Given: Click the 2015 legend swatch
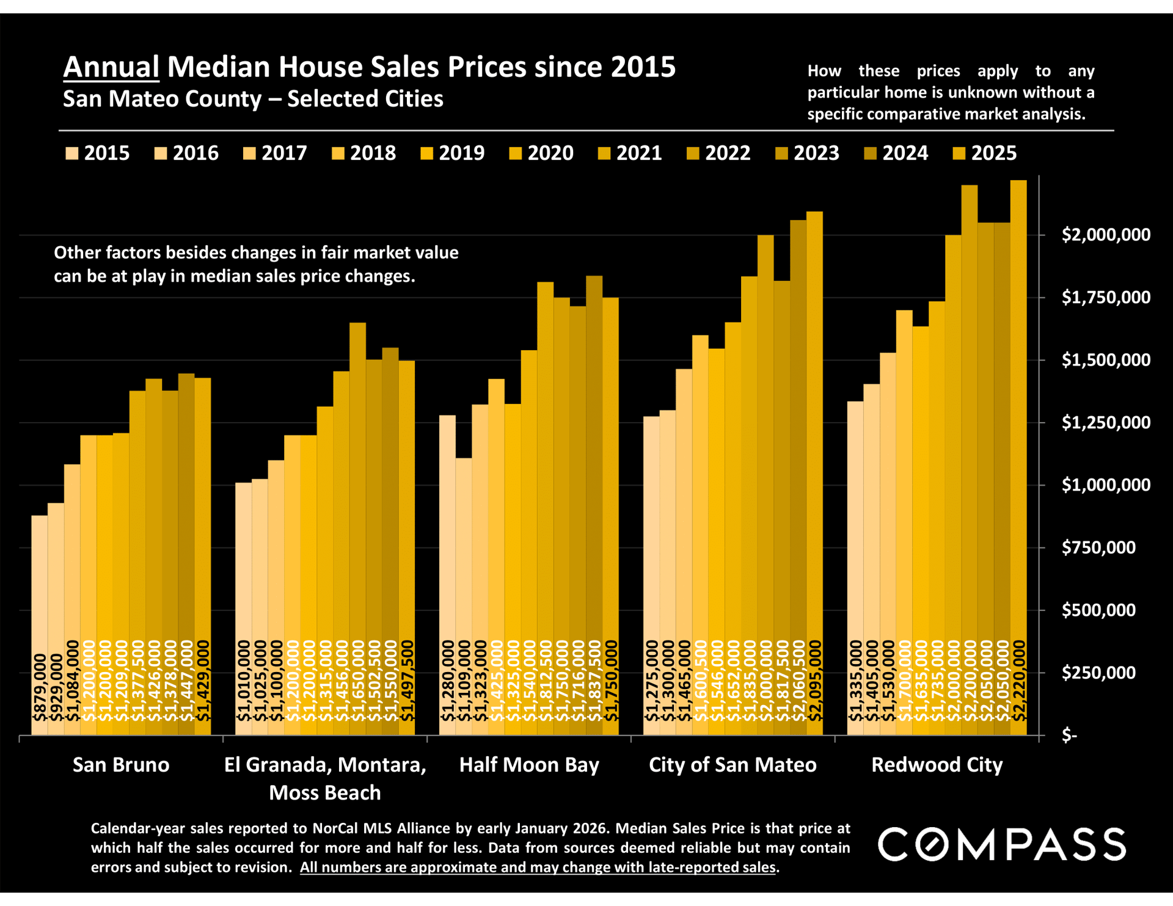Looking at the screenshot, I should tap(71, 153).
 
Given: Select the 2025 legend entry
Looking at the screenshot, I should tap(985, 153).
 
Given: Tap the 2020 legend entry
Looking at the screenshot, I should tap(541, 153).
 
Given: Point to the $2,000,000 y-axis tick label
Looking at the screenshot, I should tap(1106, 235).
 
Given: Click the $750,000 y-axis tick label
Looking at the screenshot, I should tap(1098, 548).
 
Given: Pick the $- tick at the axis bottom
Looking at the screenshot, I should tap(1069, 736).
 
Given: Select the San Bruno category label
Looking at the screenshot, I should tap(121, 765).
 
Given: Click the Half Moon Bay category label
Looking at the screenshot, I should tap(529, 765).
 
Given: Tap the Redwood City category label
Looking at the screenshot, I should tap(937, 765).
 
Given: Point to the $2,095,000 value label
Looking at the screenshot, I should tap(815, 681).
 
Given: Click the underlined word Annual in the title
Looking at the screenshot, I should tap(111, 67).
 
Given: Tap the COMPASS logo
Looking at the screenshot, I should tap(1001, 845).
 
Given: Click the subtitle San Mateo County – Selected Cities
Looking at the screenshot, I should tap(253, 99).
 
